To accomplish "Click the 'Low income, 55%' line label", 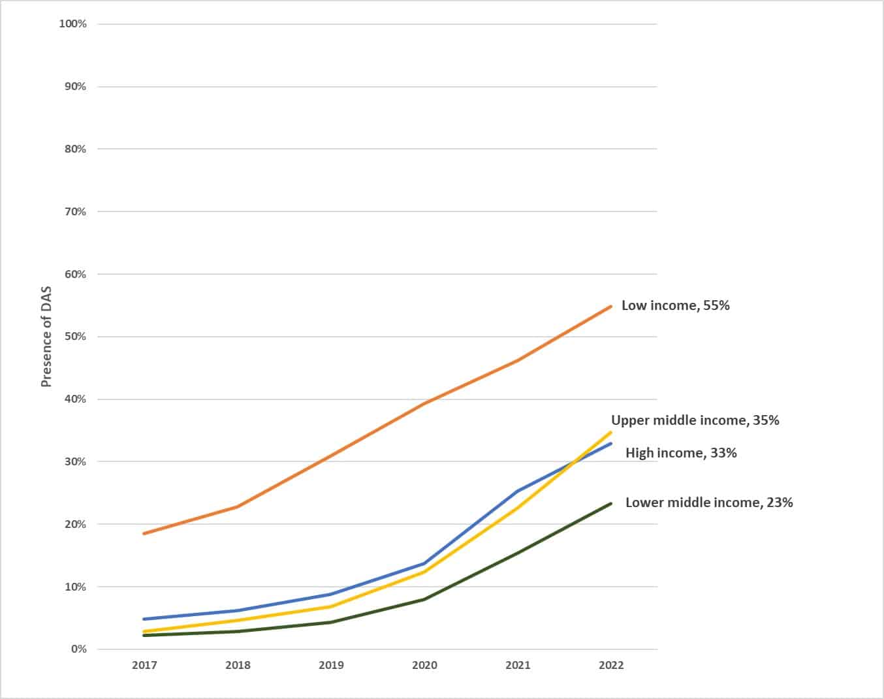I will tap(675, 305).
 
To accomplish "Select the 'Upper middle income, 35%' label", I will tap(695, 420).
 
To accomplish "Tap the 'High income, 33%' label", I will tap(681, 453).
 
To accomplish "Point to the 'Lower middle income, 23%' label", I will tap(709, 503).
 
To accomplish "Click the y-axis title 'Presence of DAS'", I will tap(46, 336).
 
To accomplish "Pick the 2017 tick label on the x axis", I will tap(144, 665).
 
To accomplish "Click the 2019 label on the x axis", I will tap(331, 665).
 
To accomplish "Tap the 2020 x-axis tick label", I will tap(424, 665).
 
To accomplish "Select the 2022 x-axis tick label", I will tap(610, 665).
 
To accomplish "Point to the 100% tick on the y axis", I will tap(72, 24).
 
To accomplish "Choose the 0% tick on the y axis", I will tap(78, 649).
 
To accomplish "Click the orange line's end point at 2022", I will tap(610, 306).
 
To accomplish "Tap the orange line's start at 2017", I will tap(144, 533).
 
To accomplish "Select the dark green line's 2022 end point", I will tap(610, 504).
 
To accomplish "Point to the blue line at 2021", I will tap(517, 491).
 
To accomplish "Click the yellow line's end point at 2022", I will tap(610, 432).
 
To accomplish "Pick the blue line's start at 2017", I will tap(144, 619).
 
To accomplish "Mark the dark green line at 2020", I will tap(424, 599).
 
